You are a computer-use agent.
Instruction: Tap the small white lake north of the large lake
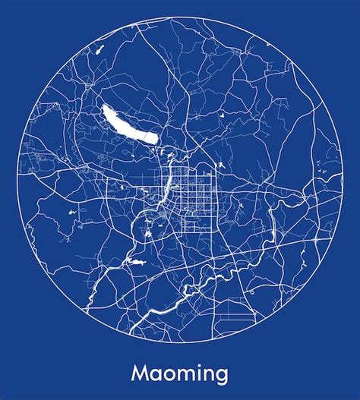tap(99, 50)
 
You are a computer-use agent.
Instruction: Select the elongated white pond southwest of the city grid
tap(137, 262)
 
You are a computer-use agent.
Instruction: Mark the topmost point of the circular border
tap(180, 17)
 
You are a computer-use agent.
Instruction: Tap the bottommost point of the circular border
tap(180, 342)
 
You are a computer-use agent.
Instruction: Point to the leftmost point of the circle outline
tap(17, 180)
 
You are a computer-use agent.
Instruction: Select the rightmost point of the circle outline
tap(343, 180)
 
